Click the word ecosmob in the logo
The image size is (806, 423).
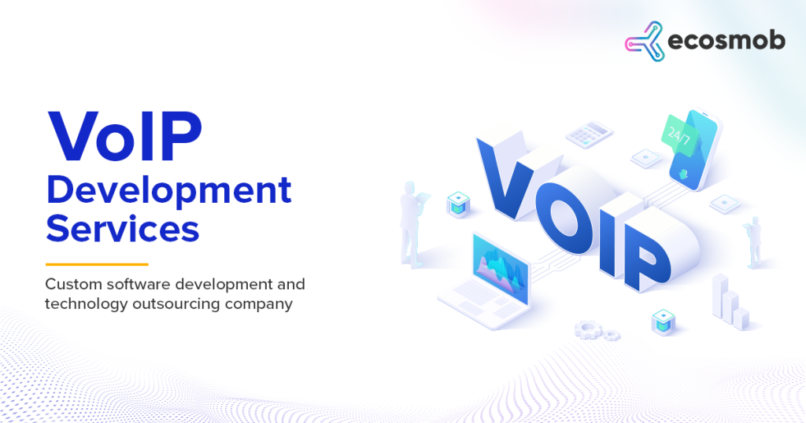[726, 42]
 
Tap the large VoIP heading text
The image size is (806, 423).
[124, 136]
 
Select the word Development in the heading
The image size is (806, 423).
[168, 191]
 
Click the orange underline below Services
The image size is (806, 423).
[97, 264]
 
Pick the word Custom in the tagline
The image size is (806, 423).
[72, 284]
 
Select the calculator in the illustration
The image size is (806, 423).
[588, 134]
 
